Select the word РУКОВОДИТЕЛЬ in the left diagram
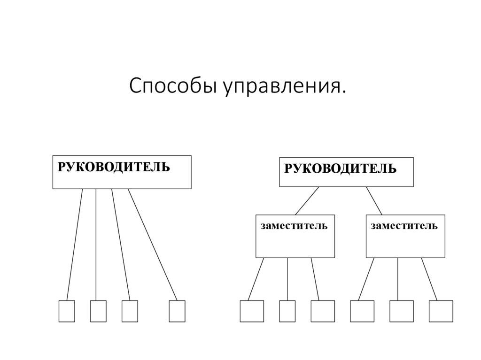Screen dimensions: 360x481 (114, 167)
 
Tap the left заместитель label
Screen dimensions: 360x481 (294, 226)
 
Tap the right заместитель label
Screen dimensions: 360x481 (404, 226)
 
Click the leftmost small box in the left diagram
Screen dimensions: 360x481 (67, 311)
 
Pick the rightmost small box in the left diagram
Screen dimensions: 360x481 (177, 311)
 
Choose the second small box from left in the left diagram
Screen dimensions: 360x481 (98, 311)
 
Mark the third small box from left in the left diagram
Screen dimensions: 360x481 (130, 311)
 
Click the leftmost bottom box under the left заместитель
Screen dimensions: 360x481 (252, 311)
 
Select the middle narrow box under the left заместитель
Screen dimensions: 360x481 (287, 311)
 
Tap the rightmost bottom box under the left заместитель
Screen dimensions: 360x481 (323, 311)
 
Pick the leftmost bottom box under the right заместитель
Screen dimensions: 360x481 (362, 311)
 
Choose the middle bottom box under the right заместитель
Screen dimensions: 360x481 (402, 311)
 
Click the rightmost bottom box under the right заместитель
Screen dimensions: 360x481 (441, 311)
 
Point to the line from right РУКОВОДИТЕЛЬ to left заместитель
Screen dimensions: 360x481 (307, 200)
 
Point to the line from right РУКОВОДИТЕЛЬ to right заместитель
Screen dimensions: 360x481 (374, 200)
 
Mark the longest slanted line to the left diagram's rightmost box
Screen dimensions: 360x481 (153, 244)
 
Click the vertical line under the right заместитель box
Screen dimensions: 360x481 (398, 279)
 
